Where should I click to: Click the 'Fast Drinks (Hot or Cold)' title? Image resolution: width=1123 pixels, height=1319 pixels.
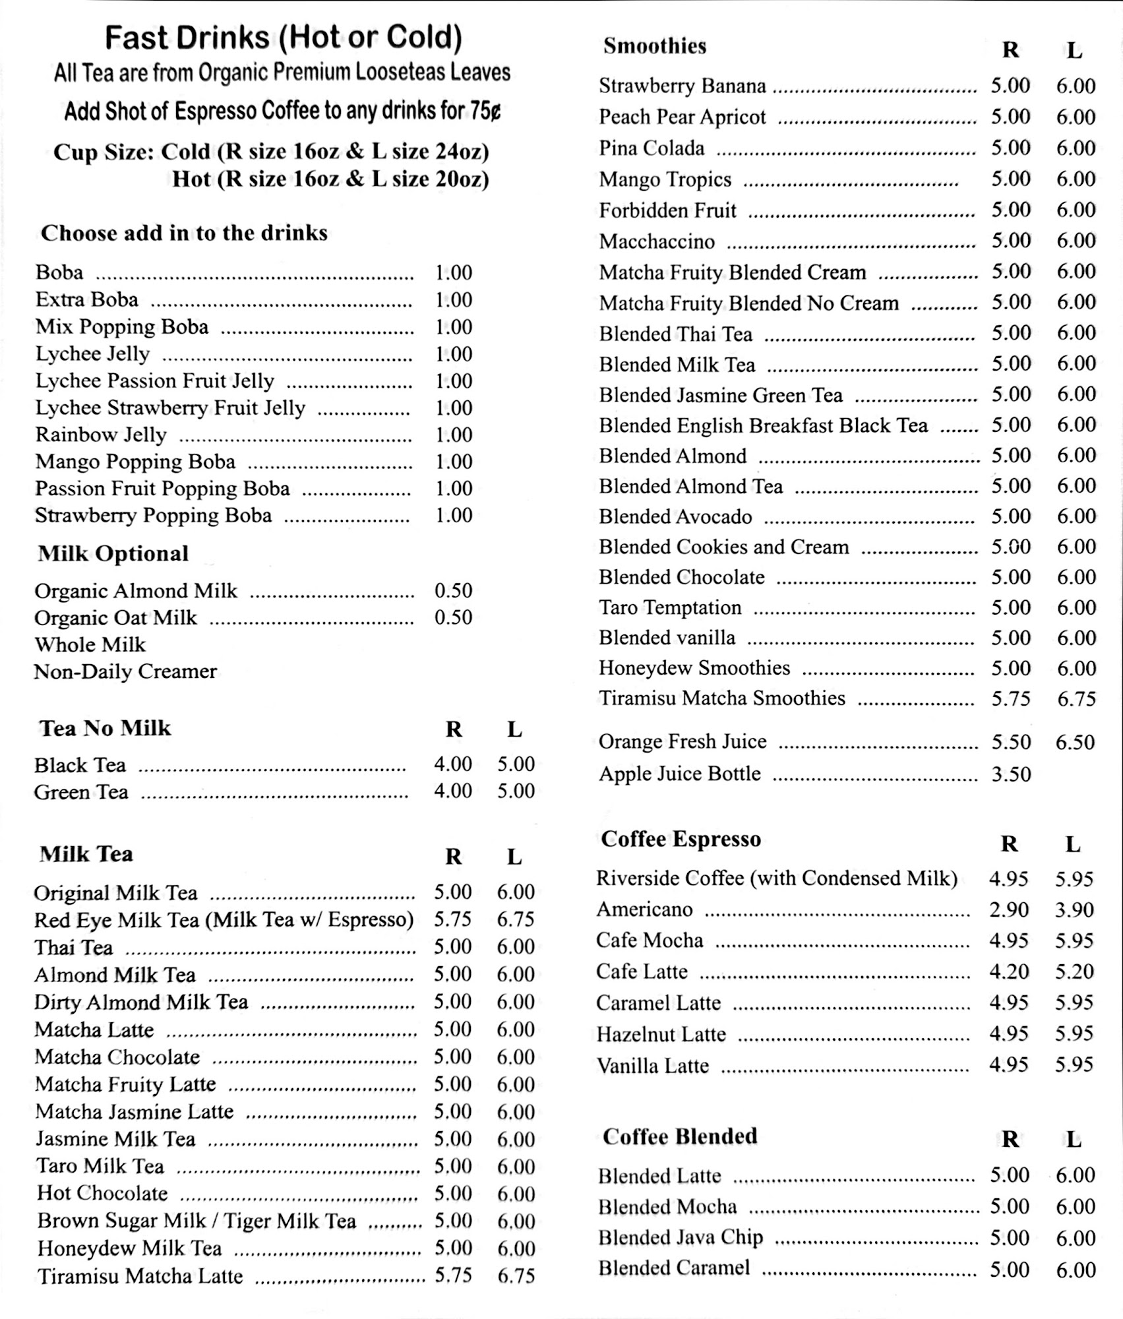(284, 38)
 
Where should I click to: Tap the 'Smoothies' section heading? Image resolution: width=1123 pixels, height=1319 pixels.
(654, 46)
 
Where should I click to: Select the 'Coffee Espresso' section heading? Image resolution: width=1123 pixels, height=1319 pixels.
(681, 839)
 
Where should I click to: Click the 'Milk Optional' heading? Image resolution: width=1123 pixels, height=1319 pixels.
(113, 553)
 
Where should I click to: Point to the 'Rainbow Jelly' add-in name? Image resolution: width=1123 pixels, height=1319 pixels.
(101, 435)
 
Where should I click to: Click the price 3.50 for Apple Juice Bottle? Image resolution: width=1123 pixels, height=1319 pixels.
(1011, 774)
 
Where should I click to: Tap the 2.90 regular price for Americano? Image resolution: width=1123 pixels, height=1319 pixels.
(1008, 909)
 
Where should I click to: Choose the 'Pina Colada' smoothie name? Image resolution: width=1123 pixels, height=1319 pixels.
(652, 148)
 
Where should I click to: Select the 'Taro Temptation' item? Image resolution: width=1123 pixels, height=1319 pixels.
(670, 607)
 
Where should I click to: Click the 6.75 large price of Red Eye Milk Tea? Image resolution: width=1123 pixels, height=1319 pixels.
(516, 919)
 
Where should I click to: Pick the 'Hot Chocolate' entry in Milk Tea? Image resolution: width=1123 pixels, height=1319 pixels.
(102, 1193)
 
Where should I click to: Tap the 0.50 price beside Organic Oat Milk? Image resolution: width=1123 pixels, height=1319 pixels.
(453, 617)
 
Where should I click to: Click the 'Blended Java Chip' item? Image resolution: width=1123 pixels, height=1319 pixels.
(681, 1237)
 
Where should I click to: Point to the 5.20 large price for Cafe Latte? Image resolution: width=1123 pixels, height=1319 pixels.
(1074, 971)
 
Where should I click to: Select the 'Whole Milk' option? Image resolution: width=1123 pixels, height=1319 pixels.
(90, 644)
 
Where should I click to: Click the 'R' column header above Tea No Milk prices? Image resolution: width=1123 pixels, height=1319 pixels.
(454, 729)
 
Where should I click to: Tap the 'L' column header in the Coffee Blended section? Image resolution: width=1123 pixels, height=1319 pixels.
(1074, 1139)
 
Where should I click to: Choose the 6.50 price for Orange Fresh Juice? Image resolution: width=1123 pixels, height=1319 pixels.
(1075, 742)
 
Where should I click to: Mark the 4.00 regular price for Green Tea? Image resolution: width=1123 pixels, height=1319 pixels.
(452, 791)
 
